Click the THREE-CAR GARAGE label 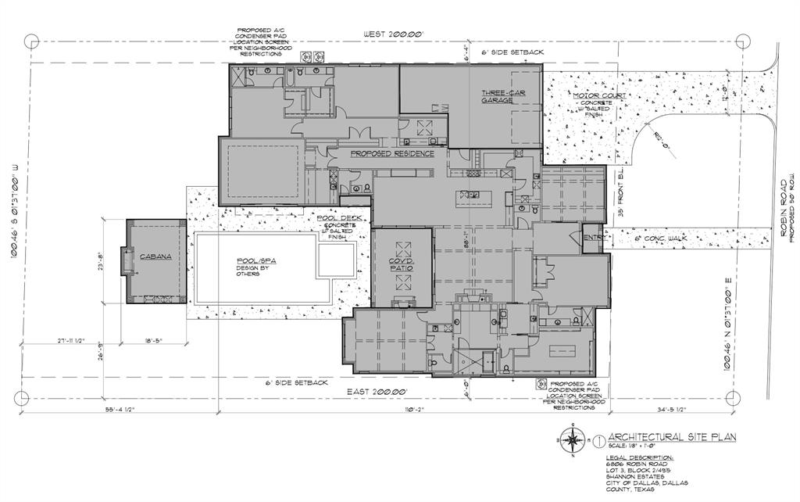pos(497,96)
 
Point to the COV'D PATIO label pos(400,264)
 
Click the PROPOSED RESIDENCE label pos(391,154)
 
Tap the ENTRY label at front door pos(593,238)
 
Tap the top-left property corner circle pos(31,41)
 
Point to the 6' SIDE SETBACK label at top pos(514,52)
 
